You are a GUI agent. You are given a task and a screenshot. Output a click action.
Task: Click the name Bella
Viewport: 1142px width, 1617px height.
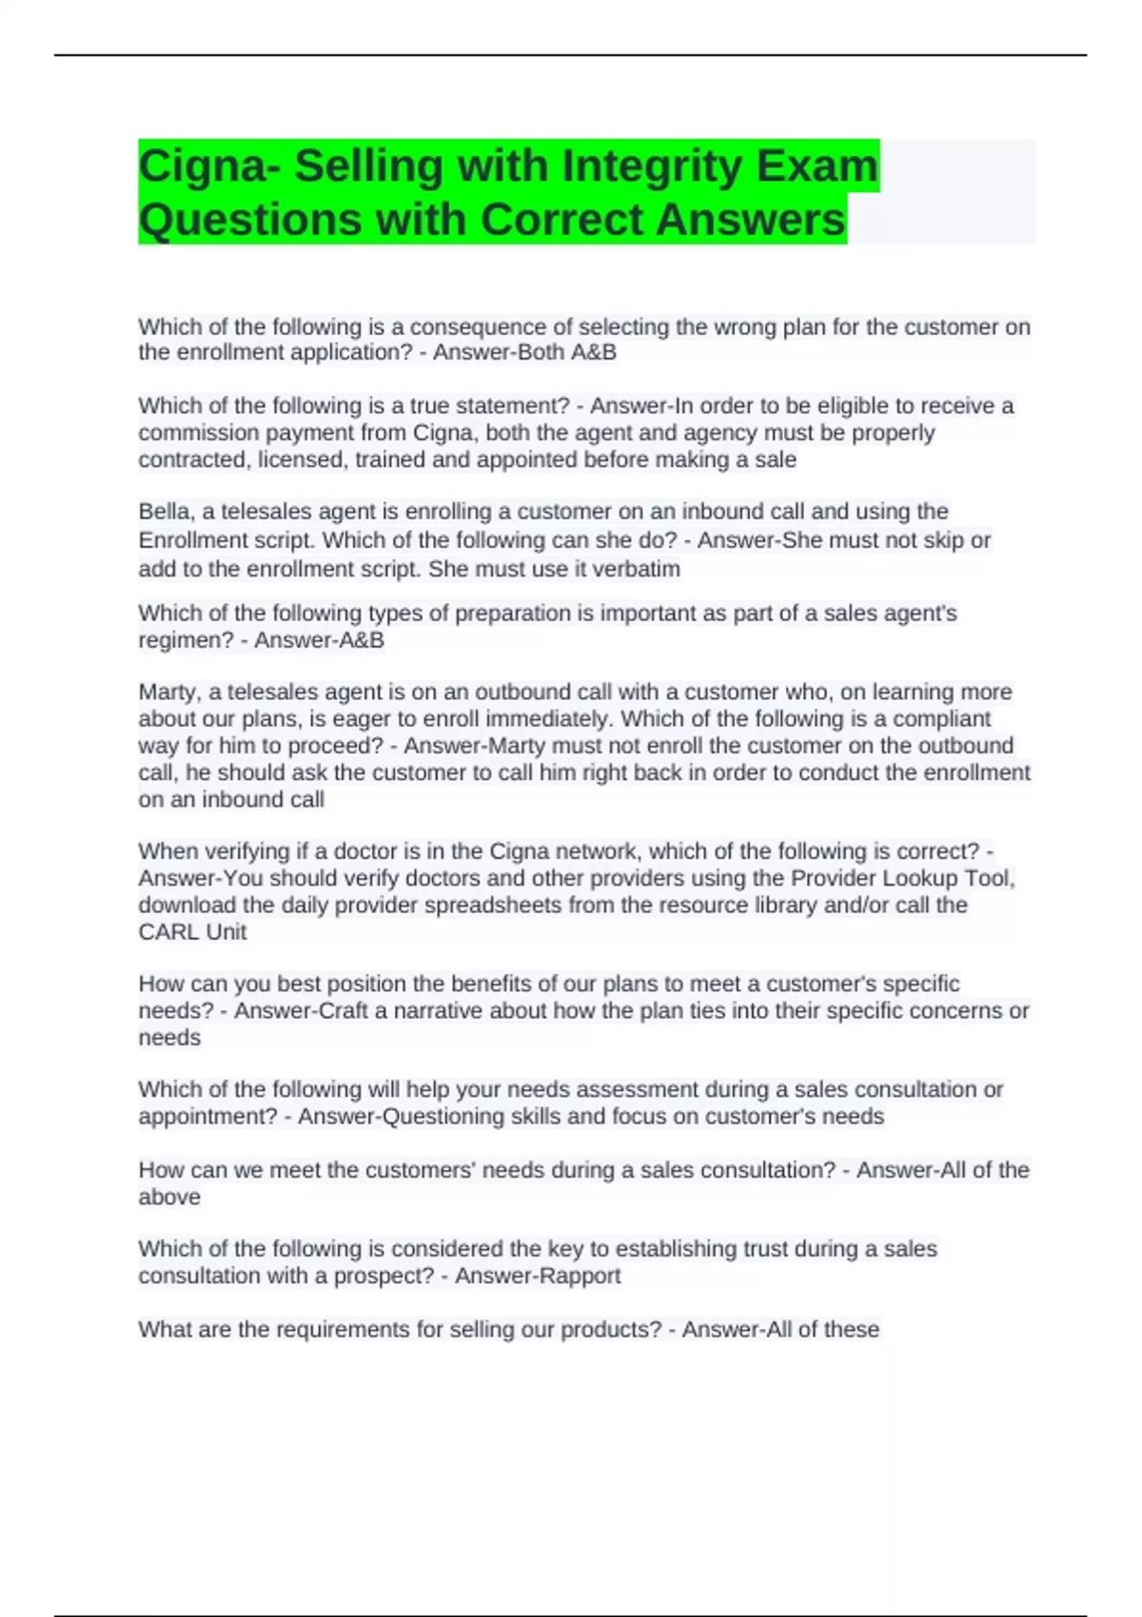(167, 512)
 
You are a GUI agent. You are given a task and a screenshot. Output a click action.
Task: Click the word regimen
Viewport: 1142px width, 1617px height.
(183, 640)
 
